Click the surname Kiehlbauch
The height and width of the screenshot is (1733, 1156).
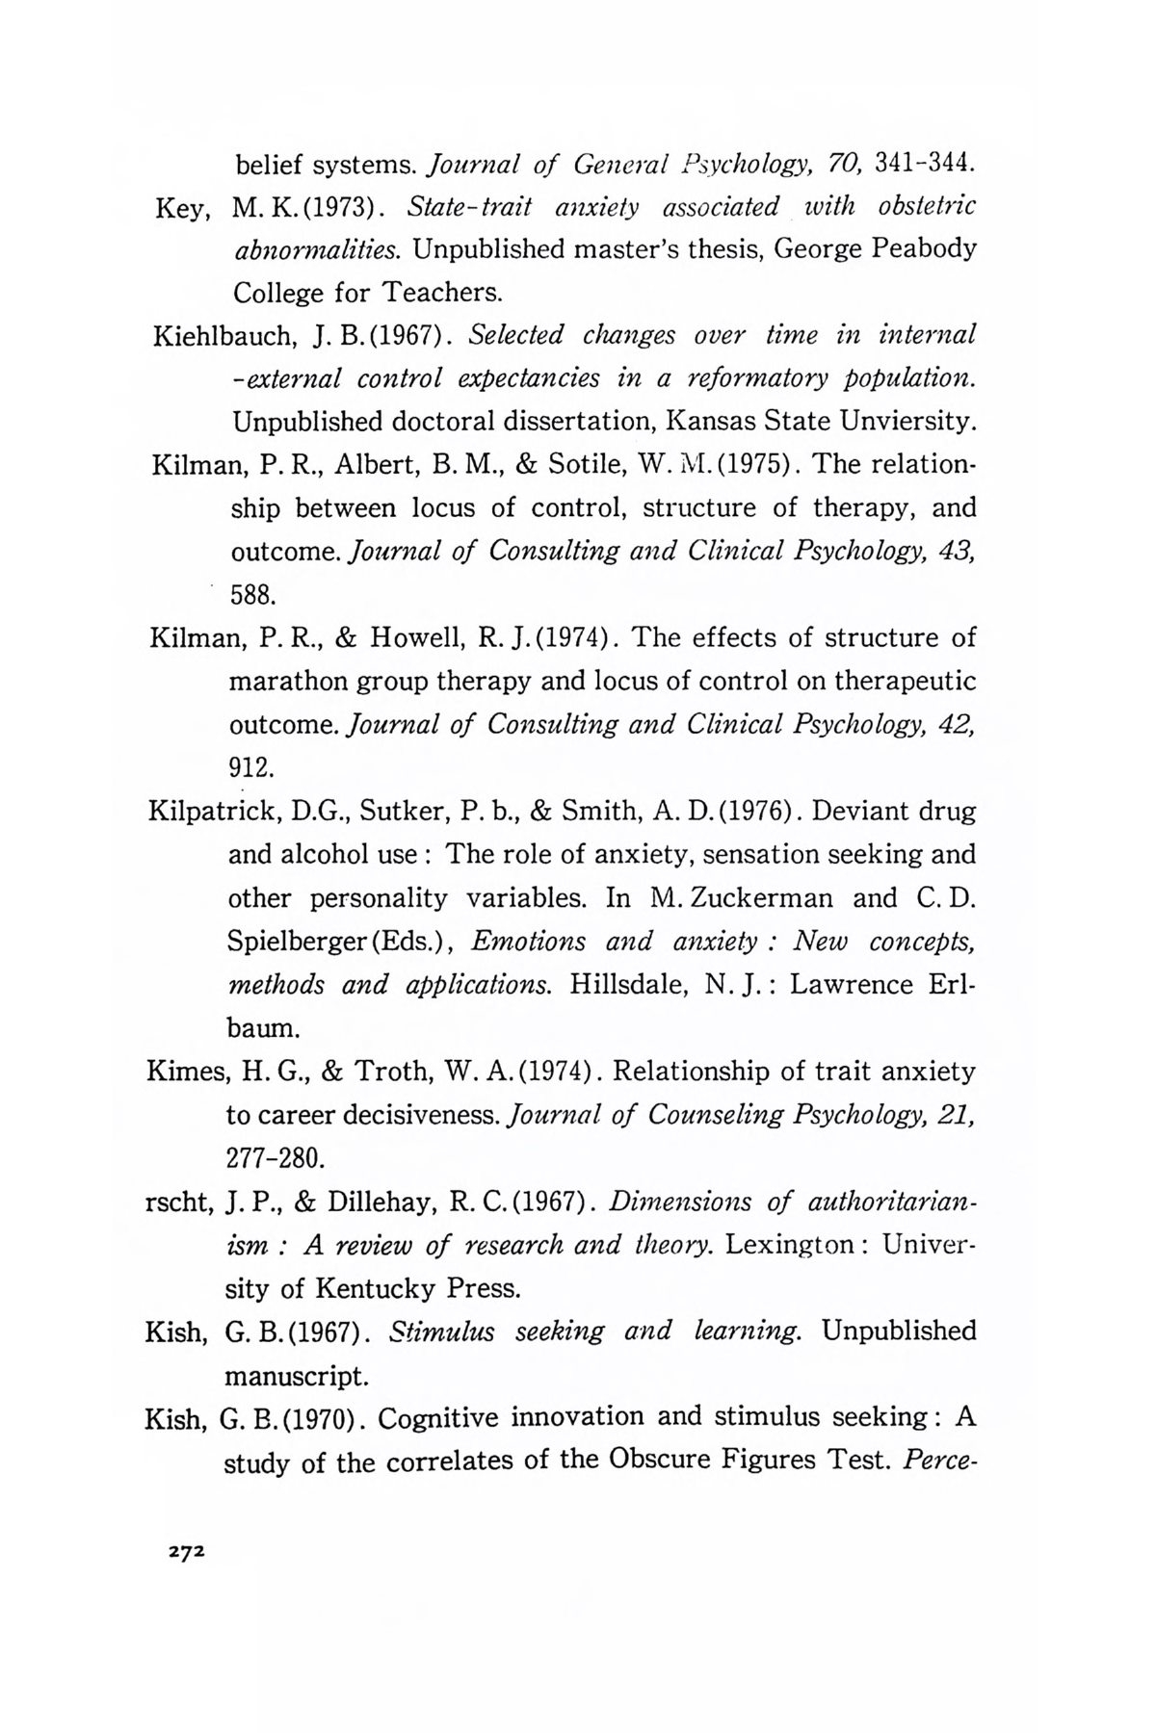click(x=222, y=337)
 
